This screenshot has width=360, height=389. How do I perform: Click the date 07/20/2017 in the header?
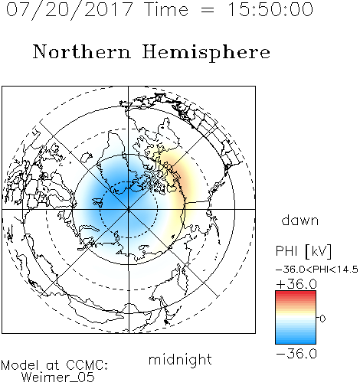69,10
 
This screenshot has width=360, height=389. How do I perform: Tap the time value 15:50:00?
270,9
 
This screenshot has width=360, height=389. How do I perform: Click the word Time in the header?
166,9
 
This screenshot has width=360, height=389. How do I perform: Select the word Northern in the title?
82,51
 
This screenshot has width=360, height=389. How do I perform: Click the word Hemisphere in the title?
206,53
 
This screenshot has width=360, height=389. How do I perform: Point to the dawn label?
300,220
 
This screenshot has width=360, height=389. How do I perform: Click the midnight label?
180,359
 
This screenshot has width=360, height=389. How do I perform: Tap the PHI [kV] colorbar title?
303,251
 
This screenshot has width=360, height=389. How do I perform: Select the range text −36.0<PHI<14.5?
317,270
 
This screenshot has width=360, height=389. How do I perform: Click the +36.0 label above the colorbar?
296,284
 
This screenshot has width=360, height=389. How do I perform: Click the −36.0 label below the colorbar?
296,354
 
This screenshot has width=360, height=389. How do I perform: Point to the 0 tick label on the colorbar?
322,319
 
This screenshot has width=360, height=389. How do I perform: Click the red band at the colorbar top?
296,295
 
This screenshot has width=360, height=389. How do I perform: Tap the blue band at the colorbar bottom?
296,338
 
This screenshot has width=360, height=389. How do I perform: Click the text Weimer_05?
58,378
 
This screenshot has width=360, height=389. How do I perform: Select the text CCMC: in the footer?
87,364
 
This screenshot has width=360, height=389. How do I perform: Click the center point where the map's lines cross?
129,209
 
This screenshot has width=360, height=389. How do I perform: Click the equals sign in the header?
208,11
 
